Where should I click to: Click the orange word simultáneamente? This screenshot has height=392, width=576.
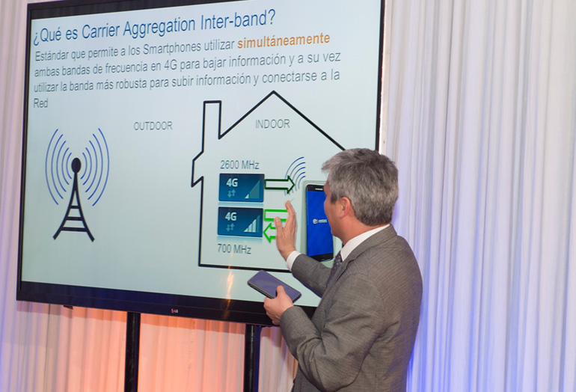(x=284, y=40)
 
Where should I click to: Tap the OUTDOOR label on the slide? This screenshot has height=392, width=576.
(x=153, y=126)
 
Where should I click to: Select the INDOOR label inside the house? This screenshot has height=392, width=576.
(x=272, y=123)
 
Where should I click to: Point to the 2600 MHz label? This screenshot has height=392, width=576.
(x=239, y=165)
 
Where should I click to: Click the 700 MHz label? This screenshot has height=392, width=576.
(x=234, y=249)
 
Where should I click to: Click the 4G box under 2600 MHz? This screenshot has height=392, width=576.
(x=242, y=188)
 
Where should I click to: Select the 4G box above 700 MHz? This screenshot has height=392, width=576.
(x=240, y=221)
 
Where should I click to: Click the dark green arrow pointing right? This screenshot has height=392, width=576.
(x=280, y=185)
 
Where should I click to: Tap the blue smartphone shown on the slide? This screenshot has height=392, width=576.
(x=318, y=222)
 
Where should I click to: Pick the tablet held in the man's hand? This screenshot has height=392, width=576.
(x=274, y=286)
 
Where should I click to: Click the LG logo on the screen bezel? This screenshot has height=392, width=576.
(x=174, y=311)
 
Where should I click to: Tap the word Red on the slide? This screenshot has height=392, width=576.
(x=41, y=103)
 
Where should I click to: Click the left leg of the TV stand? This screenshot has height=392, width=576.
(x=132, y=352)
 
